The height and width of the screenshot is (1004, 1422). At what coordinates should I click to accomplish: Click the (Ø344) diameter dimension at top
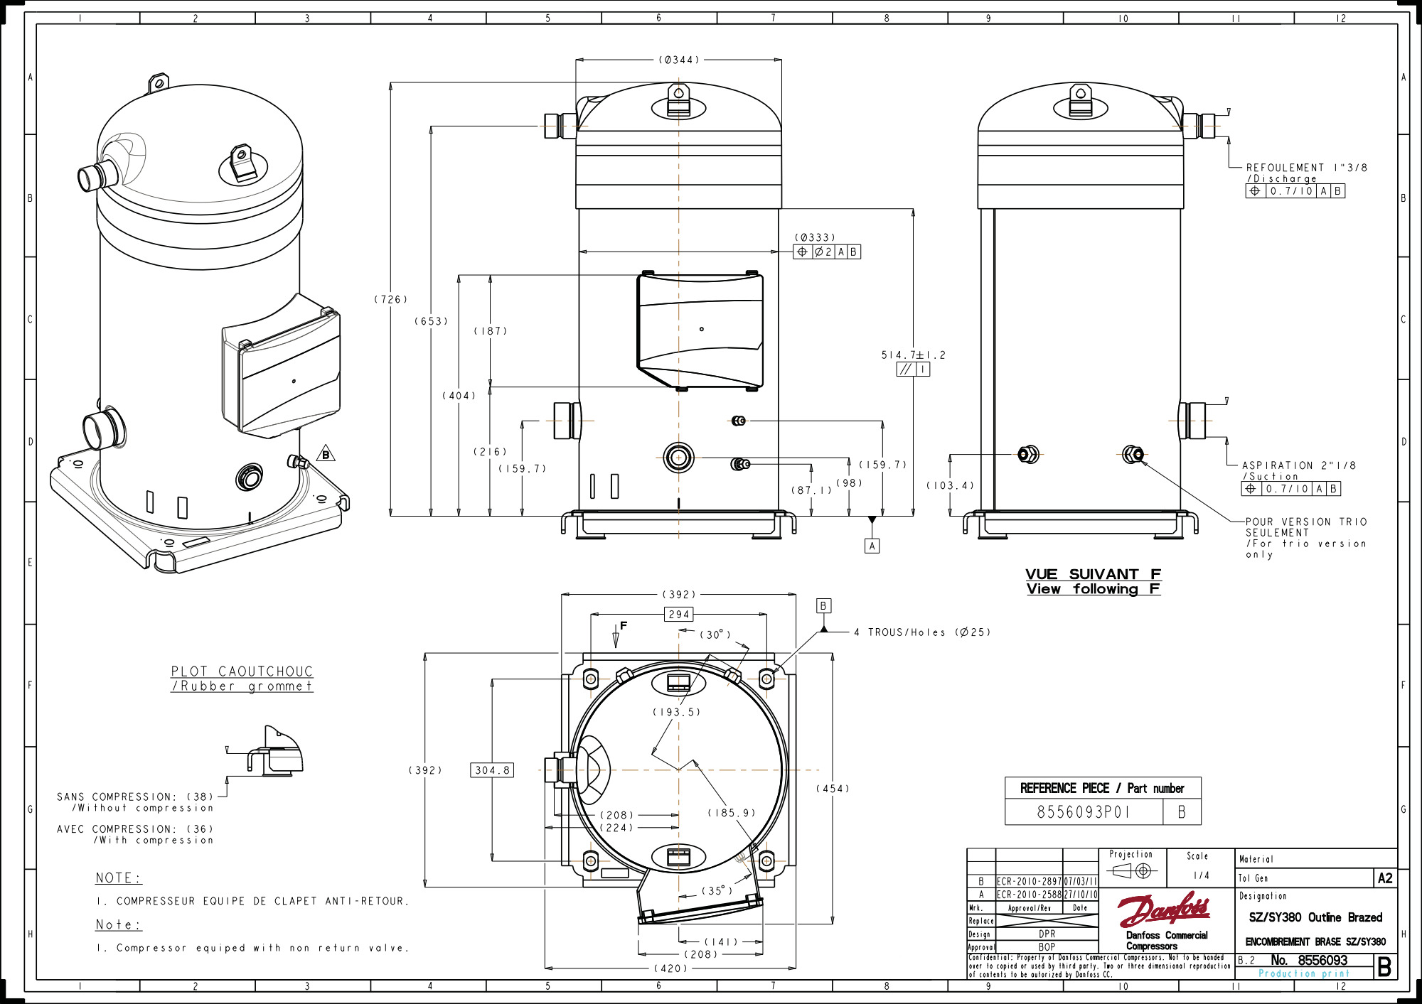678,60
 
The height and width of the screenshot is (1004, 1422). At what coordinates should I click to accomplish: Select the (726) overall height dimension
391,300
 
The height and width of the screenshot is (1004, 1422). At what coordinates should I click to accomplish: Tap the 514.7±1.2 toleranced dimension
913,355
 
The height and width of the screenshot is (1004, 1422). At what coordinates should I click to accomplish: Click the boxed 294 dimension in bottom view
679,615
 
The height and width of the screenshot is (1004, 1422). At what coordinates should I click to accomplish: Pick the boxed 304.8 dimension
492,770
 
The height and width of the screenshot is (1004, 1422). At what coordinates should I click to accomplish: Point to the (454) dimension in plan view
833,789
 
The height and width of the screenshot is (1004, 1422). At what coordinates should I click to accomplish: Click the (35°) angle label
717,891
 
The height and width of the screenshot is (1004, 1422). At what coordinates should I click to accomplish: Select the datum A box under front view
872,546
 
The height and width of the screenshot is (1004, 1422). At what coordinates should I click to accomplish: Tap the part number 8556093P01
1083,812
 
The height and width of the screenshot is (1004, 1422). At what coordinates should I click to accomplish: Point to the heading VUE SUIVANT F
1093,574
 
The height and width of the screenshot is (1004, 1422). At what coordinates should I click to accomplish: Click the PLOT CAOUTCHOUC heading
242,671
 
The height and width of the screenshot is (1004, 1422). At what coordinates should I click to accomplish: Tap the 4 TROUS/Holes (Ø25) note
921,632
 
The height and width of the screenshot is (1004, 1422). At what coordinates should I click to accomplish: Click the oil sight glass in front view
678,457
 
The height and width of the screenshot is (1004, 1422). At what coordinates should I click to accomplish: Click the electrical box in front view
700,331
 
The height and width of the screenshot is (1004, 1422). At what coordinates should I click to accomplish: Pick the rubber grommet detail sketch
276,751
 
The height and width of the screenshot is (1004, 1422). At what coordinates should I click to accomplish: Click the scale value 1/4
1201,875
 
